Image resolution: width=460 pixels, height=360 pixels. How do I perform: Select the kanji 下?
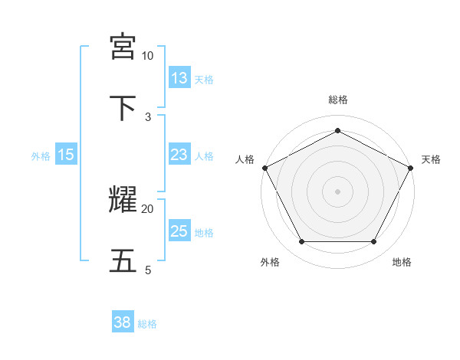coord(123,107)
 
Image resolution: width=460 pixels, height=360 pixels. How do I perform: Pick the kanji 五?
coord(123,260)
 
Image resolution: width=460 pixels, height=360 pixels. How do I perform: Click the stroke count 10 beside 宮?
coord(147,56)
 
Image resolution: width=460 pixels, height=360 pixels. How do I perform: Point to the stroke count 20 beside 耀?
coord(147,208)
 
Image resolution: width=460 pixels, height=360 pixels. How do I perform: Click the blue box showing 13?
coord(179,78)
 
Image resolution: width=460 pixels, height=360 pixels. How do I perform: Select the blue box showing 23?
coord(179,155)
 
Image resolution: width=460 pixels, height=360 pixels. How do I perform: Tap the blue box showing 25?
coord(179,231)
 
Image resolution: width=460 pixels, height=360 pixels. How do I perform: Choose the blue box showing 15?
coord(66,155)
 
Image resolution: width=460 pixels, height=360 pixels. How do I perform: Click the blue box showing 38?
coord(122,323)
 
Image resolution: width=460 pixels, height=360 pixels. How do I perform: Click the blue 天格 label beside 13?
coord(204,79)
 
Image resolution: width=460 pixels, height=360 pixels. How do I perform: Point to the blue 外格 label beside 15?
coord(41,155)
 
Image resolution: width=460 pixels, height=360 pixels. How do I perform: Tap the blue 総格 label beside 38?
coord(147,324)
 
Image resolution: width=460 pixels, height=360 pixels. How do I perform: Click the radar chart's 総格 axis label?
coord(338,100)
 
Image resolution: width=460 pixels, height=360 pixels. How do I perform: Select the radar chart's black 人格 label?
coord(245,159)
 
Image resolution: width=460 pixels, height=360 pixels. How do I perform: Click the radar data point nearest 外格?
coord(301,242)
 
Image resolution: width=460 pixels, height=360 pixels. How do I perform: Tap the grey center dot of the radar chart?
coord(338,191)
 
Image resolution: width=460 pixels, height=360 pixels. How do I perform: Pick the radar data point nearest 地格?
coord(374,242)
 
